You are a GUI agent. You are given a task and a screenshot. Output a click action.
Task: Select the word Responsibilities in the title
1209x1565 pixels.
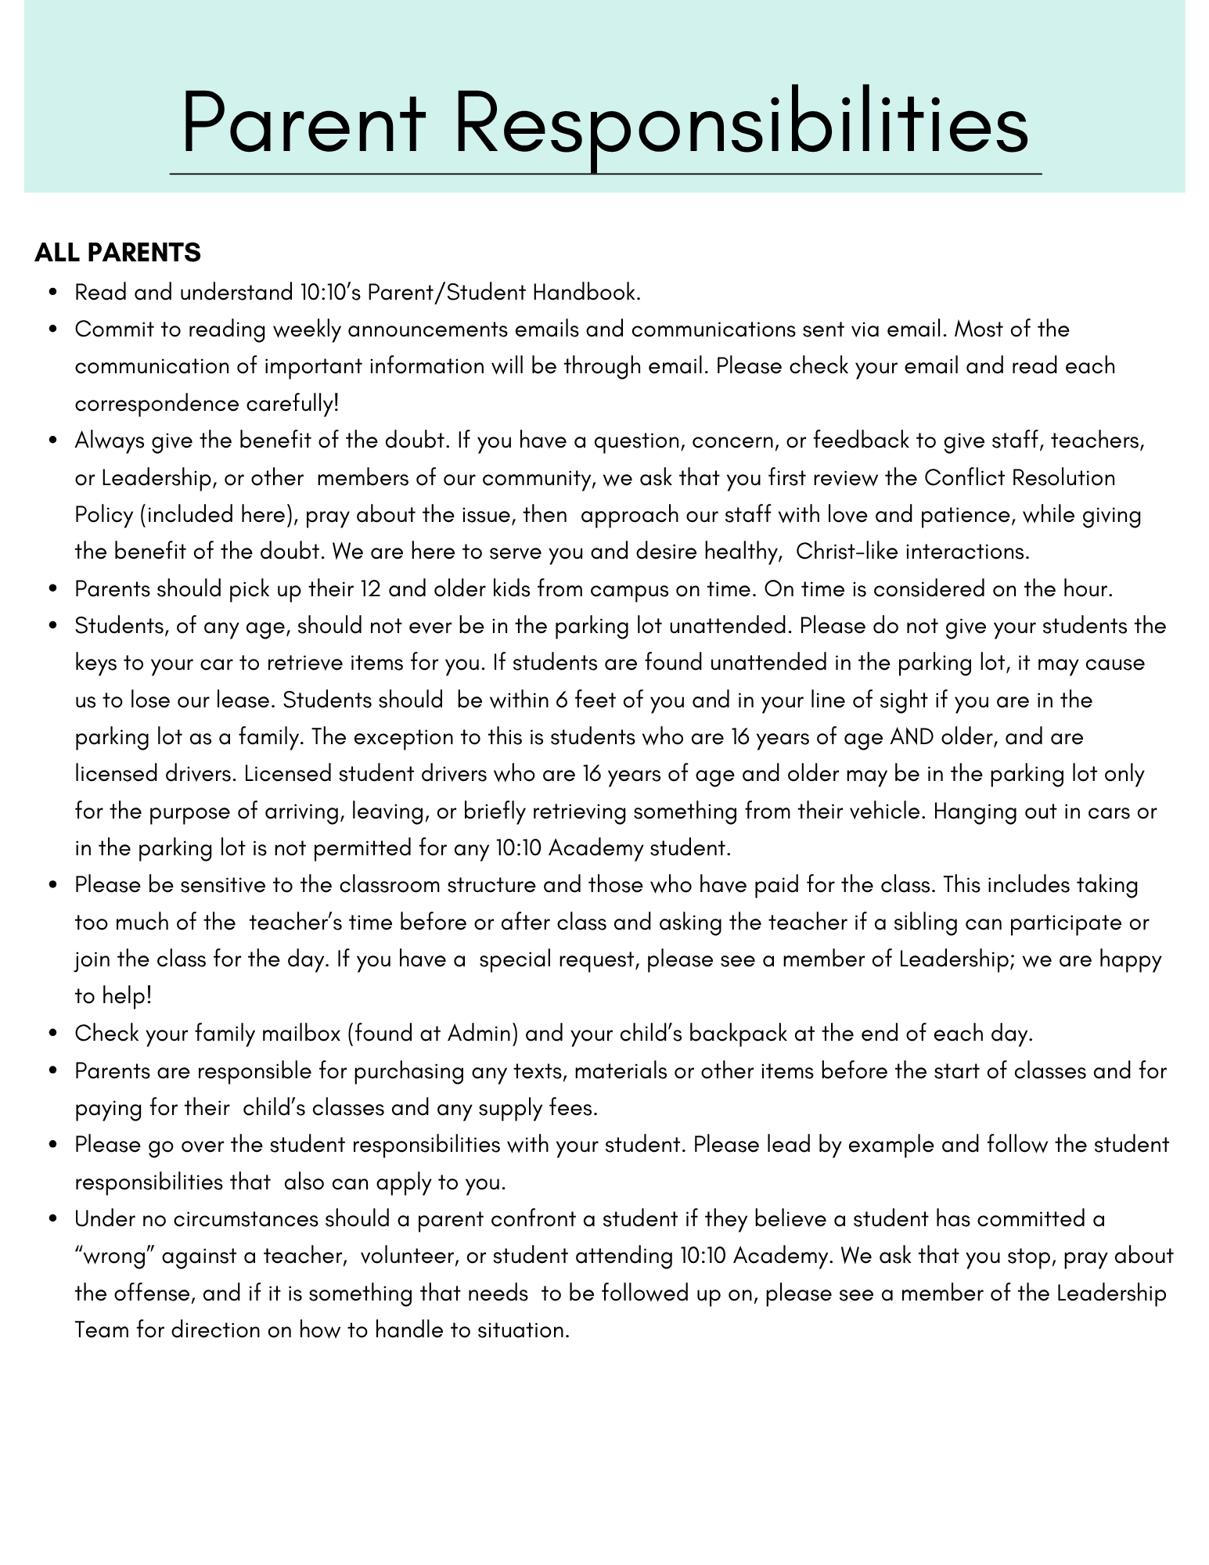tap(741, 124)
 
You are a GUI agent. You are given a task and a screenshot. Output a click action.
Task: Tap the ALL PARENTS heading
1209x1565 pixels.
tap(118, 253)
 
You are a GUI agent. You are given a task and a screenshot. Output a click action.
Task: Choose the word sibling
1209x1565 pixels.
tap(926, 922)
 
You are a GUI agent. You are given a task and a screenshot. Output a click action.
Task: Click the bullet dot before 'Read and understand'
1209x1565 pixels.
tap(53, 293)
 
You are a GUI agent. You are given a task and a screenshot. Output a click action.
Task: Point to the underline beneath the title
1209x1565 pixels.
tap(605, 174)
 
